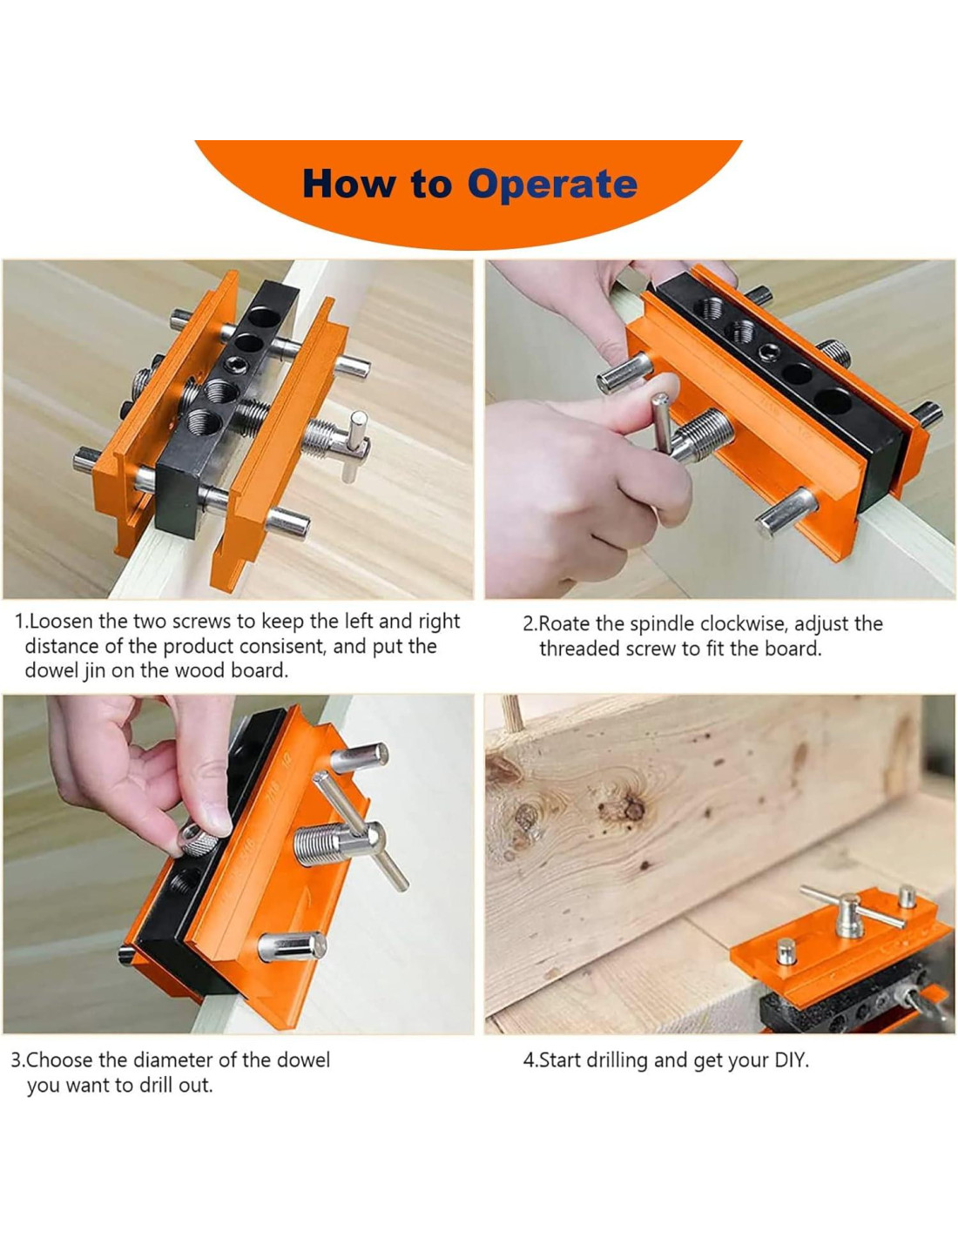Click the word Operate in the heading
point(551,185)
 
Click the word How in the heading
point(348,184)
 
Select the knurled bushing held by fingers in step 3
point(199,839)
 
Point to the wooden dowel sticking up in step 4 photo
point(512,712)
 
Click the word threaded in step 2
point(580,649)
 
